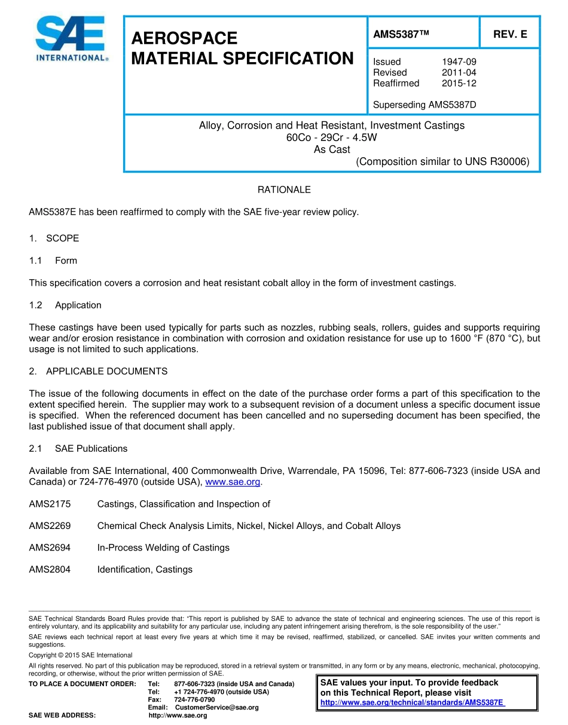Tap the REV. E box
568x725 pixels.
coord(509,35)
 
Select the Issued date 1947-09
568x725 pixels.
coord(459,62)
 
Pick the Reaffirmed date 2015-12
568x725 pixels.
coord(459,83)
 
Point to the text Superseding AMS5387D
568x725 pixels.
coord(425,105)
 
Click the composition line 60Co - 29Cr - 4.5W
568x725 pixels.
coord(332,137)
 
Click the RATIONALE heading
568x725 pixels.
coord(284,189)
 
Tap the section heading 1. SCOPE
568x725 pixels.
coord(54,238)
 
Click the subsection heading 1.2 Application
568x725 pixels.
coord(65,305)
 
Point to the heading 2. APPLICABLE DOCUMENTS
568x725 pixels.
coord(98,371)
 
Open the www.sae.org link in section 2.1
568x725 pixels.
coord(233,482)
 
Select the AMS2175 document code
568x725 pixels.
coord(50,504)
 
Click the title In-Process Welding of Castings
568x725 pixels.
coord(163,547)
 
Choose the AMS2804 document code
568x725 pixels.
coord(50,570)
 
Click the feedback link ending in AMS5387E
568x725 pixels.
coord(413,702)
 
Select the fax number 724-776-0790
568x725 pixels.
coord(194,699)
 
